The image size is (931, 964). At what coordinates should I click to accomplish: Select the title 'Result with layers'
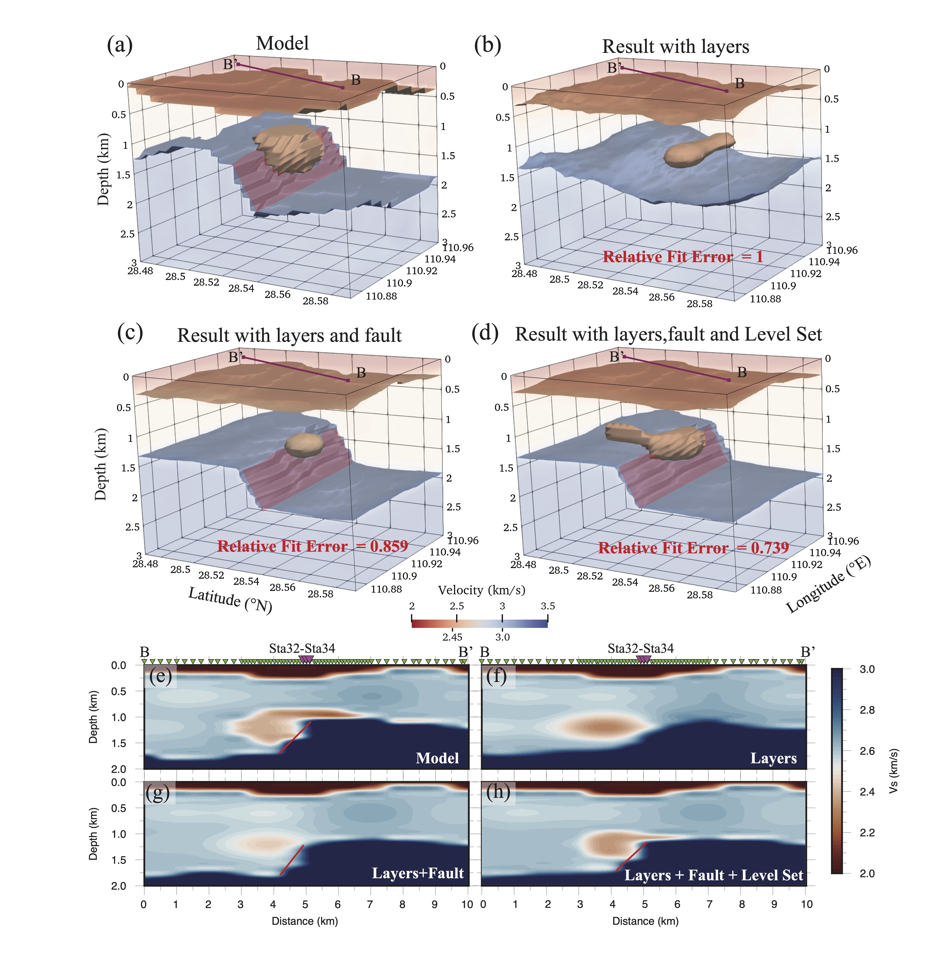click(x=675, y=47)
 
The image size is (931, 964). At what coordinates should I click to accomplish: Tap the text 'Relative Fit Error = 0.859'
click(x=313, y=546)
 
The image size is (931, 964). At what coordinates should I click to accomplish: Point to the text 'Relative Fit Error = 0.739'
click(x=693, y=548)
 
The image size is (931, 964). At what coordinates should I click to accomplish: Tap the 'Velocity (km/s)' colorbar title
click(x=481, y=590)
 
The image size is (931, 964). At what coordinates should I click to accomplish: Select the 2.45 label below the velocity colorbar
click(x=452, y=637)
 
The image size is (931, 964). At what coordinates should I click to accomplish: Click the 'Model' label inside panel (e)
click(x=437, y=758)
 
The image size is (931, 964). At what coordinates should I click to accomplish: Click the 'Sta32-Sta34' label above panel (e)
click(x=302, y=649)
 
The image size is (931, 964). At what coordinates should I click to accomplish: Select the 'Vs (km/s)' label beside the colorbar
click(x=894, y=771)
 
